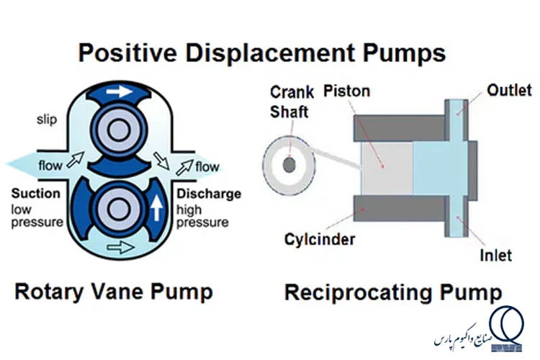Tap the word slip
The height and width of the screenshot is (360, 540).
point(47,119)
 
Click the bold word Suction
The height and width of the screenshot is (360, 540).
point(35,194)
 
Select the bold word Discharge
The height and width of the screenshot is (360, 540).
point(209,194)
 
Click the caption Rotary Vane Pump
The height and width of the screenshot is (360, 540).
point(114,292)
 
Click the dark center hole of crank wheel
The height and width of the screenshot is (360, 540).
point(289,165)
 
